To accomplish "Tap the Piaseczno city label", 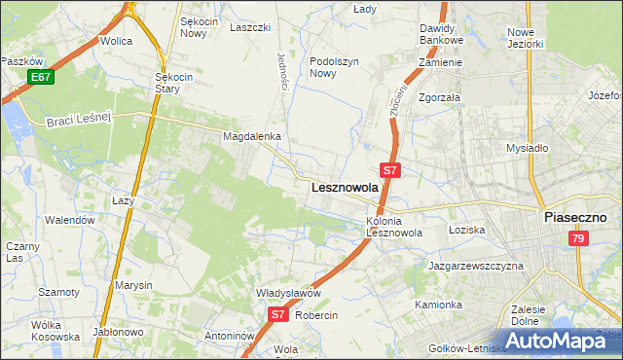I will click(x=575, y=218).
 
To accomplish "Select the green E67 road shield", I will click(x=40, y=77).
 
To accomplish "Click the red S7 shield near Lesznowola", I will click(x=389, y=169).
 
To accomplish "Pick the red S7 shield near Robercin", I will click(x=277, y=314).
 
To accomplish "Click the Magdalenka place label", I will click(x=252, y=137).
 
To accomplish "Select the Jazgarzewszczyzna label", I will click(x=476, y=266).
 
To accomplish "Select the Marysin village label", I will click(x=133, y=285).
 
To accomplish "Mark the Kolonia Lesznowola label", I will click(x=393, y=227).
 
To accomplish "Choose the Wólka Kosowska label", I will click(x=55, y=331).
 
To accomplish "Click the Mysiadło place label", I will click(x=527, y=148).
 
